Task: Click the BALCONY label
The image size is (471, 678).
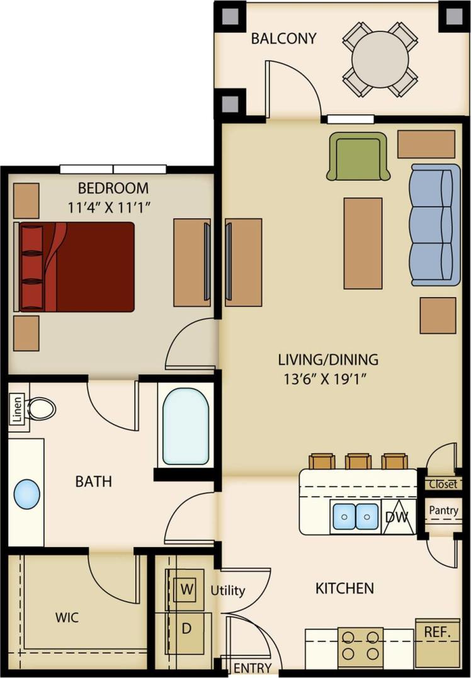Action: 283,38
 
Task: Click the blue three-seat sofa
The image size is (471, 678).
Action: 434,225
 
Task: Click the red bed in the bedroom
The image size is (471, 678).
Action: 77,267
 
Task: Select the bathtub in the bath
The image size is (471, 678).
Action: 185,426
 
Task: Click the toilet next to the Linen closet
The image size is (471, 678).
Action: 42,409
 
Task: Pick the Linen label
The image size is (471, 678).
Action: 18,410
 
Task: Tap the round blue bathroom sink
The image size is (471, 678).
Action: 26,494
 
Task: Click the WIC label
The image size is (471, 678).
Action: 67,618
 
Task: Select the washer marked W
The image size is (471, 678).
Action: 186,590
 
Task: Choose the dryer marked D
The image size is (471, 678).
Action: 186,628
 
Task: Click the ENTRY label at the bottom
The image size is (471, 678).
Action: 252,668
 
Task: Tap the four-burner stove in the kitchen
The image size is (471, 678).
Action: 360,648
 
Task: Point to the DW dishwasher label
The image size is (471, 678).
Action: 397,517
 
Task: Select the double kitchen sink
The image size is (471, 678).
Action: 356,516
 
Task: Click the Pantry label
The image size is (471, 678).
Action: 444,511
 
